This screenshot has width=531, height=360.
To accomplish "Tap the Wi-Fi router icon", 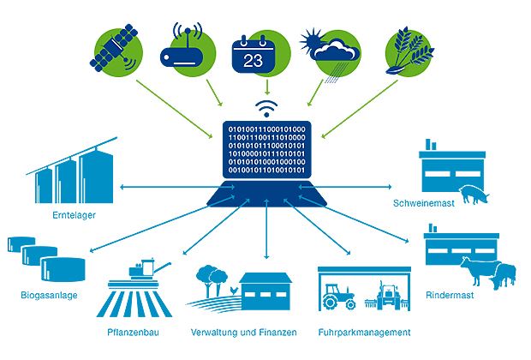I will pyautogui.click(x=187, y=50).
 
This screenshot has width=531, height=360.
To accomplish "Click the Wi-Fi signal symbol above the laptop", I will pyautogui.click(x=266, y=108).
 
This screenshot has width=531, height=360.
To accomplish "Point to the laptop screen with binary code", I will pyautogui.click(x=266, y=149).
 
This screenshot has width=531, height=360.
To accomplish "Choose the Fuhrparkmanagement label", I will pyautogui.click(x=364, y=333).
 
